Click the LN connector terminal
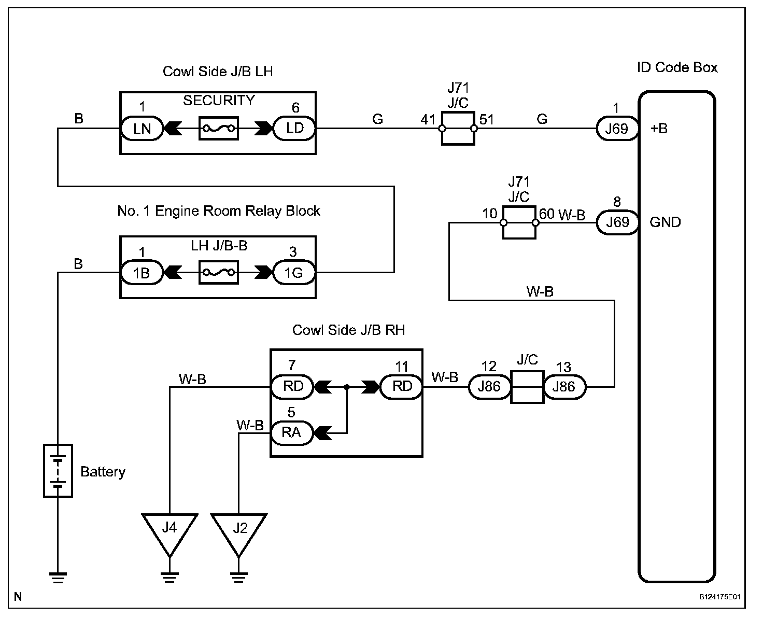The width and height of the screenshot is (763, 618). point(142,128)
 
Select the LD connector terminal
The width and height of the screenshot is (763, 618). point(294,128)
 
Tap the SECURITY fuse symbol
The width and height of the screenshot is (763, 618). point(218,128)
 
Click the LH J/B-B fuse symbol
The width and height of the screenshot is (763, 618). point(218,272)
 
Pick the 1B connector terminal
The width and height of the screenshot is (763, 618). point(142,272)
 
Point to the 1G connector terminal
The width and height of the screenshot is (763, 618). point(294,272)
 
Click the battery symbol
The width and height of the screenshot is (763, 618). point(58,471)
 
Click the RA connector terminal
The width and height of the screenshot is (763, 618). point(292,432)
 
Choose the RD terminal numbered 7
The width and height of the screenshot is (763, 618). point(292,387)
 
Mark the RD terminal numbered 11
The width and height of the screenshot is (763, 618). point(401,387)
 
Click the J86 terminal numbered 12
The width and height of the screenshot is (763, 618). point(489,387)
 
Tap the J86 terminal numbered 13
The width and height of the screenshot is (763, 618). point(564,387)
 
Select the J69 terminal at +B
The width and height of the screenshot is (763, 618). point(617,129)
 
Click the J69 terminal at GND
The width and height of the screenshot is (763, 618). point(617,222)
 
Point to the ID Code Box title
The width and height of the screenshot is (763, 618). point(677,67)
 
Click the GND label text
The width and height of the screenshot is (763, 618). point(665,222)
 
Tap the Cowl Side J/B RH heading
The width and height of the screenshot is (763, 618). point(348,330)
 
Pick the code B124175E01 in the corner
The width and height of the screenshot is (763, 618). point(719,597)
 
